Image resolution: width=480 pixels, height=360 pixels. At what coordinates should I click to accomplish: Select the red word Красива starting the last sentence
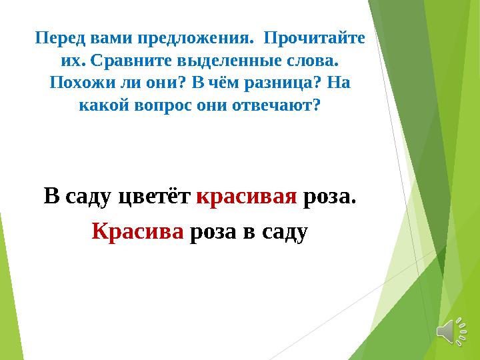137,231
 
